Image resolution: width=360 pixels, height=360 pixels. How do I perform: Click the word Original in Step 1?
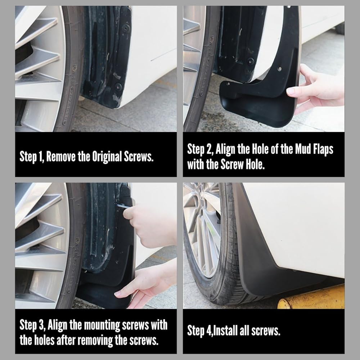click(x=107, y=157)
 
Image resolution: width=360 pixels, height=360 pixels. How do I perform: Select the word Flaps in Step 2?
click(x=324, y=149)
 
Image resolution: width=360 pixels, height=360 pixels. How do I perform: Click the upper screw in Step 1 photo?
click(x=126, y=27)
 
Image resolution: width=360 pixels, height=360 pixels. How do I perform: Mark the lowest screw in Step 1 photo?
click(x=118, y=86)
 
